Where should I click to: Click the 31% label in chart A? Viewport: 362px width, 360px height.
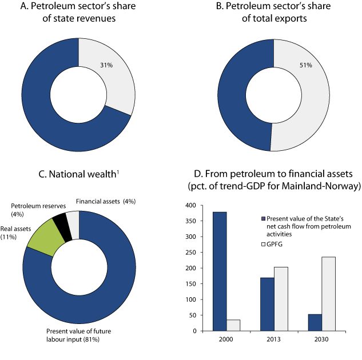click(x=107, y=66)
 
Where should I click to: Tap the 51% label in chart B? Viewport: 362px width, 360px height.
click(x=305, y=66)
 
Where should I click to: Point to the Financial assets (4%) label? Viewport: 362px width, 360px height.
click(x=105, y=201)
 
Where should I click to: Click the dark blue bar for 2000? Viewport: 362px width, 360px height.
click(x=220, y=271)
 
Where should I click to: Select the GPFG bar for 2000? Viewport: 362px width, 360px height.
click(x=233, y=325)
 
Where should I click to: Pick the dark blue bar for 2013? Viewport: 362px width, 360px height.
click(x=267, y=304)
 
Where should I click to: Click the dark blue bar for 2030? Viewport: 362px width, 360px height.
click(x=315, y=322)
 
